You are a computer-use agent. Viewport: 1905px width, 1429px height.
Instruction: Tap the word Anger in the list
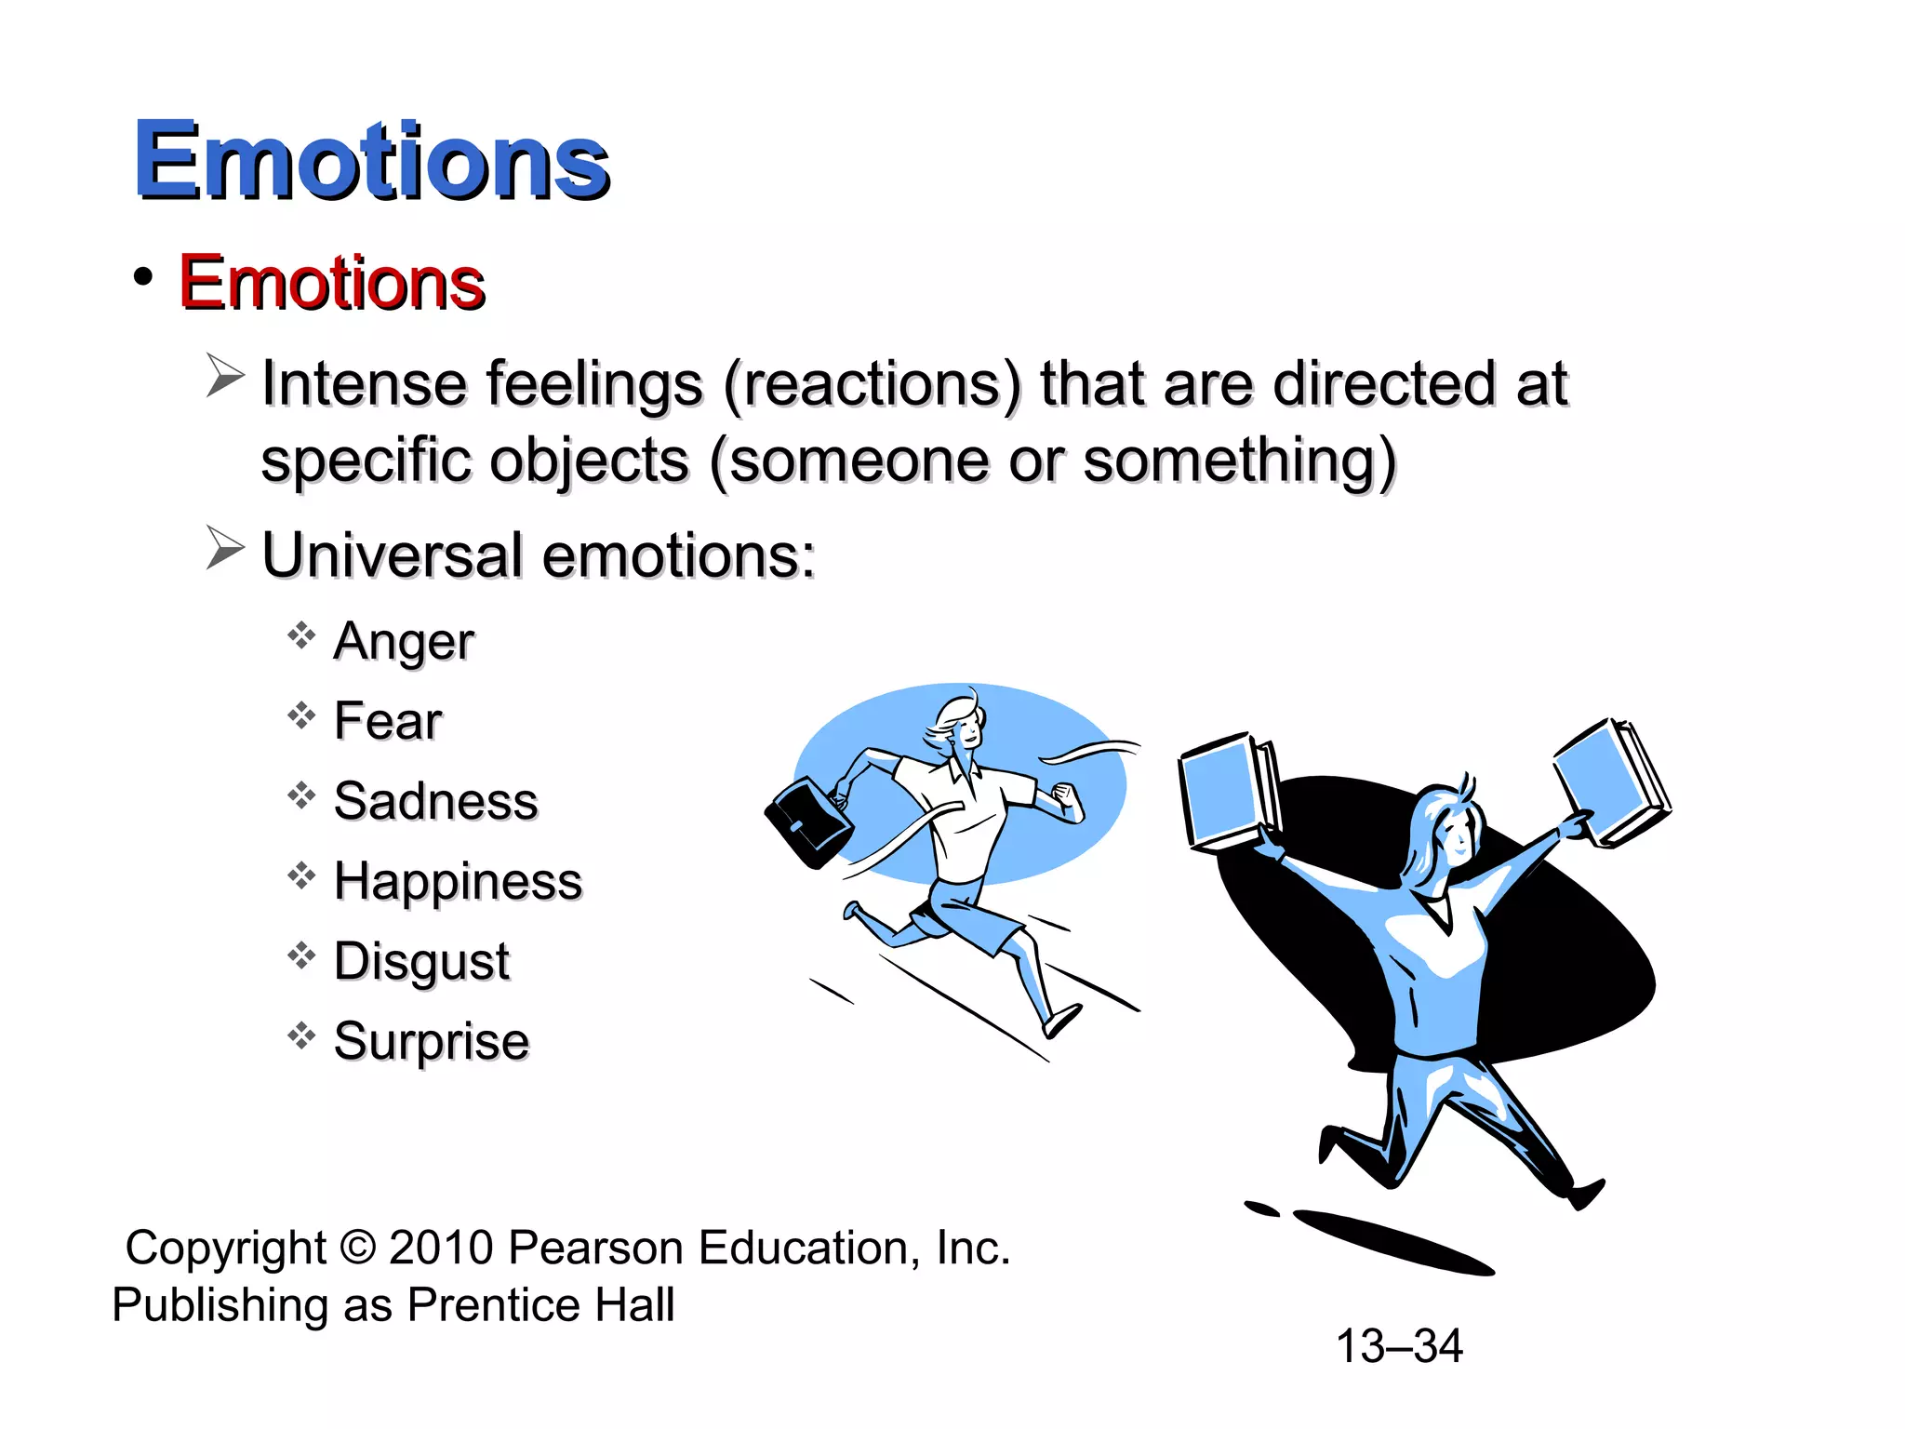(404, 641)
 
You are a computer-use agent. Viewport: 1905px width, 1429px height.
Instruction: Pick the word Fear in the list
(388, 721)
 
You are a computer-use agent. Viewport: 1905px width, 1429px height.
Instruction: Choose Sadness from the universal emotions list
(435, 801)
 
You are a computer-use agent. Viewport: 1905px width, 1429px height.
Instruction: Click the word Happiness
(458, 881)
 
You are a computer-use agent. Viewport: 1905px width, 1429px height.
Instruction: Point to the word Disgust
(421, 961)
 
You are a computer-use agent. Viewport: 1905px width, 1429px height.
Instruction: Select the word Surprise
(432, 1041)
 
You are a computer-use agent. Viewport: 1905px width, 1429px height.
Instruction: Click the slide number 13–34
(1399, 1345)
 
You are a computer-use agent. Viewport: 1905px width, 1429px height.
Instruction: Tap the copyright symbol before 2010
(358, 1248)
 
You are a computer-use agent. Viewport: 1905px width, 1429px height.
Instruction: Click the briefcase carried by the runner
(807, 821)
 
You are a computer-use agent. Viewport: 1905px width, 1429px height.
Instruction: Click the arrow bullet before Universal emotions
(224, 548)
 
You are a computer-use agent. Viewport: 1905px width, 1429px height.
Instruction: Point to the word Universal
(392, 555)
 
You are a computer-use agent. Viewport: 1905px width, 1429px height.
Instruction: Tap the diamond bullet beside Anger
(301, 636)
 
